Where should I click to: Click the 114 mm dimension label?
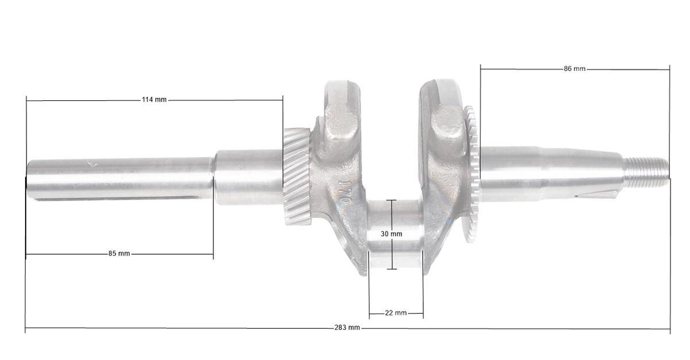[x=154, y=100]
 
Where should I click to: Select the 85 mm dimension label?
[x=119, y=253]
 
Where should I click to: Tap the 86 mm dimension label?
[x=575, y=68]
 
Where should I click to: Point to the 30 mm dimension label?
[x=391, y=234]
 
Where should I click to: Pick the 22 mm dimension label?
[x=396, y=313]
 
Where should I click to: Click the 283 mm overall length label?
[x=348, y=327]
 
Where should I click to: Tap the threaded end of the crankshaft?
[x=645, y=172]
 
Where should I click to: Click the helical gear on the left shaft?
[x=297, y=176]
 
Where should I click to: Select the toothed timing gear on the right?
[x=471, y=174]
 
